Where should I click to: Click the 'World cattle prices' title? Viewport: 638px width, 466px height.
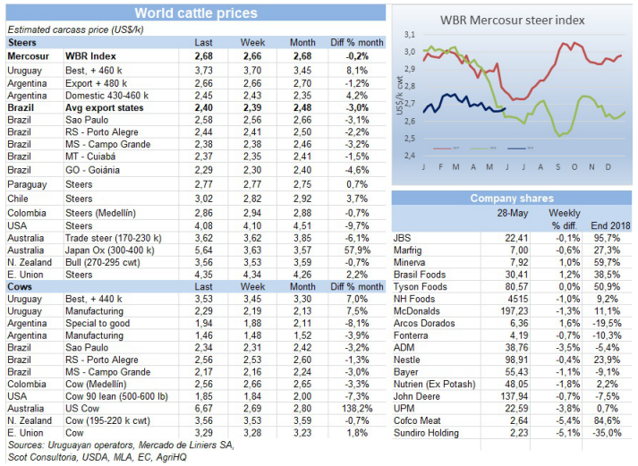click(x=195, y=13)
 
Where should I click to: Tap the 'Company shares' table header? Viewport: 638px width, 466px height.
click(x=513, y=199)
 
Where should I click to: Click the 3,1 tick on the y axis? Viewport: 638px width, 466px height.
click(x=411, y=34)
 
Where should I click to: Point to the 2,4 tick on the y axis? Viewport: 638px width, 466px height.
click(x=411, y=156)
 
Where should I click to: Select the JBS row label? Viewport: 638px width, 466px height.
click(x=403, y=238)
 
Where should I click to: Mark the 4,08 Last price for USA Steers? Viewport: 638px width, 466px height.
click(x=204, y=225)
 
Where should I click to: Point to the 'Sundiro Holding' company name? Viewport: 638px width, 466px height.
click(x=427, y=433)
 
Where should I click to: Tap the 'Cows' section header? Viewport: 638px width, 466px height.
click(x=20, y=286)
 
